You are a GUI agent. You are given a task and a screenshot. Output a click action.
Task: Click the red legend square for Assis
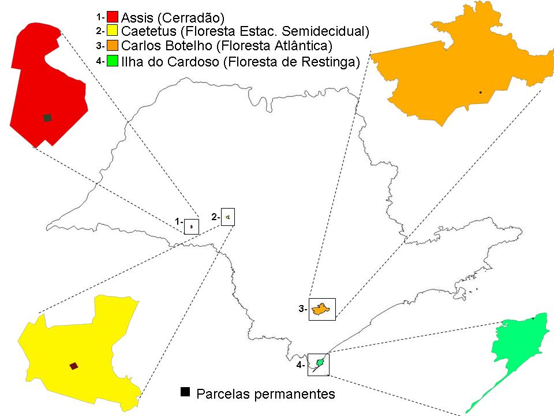(x=113, y=16)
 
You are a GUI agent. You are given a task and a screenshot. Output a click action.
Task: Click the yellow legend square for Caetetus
(x=113, y=31)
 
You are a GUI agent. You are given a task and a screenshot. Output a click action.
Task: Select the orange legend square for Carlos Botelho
(x=113, y=45)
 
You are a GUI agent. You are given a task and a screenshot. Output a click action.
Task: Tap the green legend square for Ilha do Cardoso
(x=113, y=61)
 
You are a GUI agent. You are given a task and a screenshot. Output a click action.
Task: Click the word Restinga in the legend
(x=327, y=61)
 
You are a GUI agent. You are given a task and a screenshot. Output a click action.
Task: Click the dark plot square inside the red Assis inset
(x=47, y=117)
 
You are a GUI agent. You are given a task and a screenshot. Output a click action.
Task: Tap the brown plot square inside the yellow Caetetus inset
(x=73, y=366)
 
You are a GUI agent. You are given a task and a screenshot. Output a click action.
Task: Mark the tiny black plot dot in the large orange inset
(x=480, y=92)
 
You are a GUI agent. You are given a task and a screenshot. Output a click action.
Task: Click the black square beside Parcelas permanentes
(x=185, y=392)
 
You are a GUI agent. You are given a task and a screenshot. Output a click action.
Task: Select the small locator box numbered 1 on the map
(x=191, y=226)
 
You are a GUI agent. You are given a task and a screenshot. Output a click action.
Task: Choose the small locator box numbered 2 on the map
(x=229, y=217)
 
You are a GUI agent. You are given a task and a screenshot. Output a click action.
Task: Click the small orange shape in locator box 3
(x=321, y=310)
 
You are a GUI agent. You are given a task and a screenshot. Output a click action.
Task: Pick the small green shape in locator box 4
(x=319, y=363)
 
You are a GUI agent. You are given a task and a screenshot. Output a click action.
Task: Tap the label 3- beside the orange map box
(x=302, y=309)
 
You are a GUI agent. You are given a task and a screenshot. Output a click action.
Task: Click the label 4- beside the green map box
(x=301, y=365)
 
